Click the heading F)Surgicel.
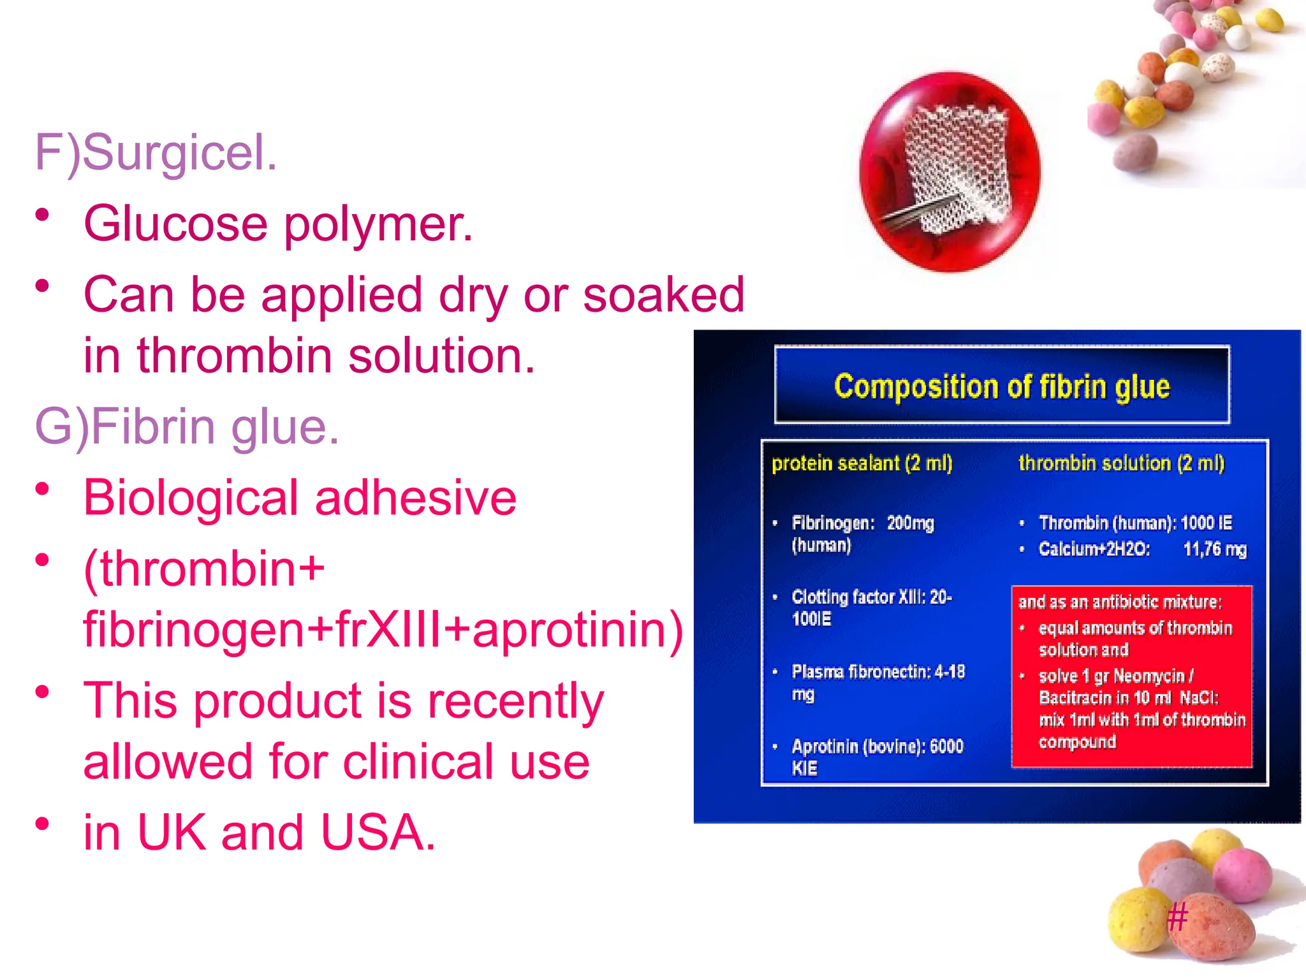[x=156, y=153]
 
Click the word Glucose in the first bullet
[x=175, y=224]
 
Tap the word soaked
[x=663, y=295]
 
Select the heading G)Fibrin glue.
[x=187, y=426]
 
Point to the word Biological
[x=191, y=498]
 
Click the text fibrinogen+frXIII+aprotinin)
[x=383, y=630]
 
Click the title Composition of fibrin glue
[x=1002, y=386]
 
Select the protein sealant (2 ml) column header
[x=862, y=463]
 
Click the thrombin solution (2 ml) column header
[x=1121, y=463]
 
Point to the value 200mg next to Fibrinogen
[x=910, y=523]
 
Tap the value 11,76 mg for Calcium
[x=1214, y=549]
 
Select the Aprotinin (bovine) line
[x=877, y=746]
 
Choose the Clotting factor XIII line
[x=871, y=597]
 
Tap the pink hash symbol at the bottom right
[x=1177, y=918]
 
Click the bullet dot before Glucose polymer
[x=43, y=215]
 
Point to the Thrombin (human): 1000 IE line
[x=1135, y=523]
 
